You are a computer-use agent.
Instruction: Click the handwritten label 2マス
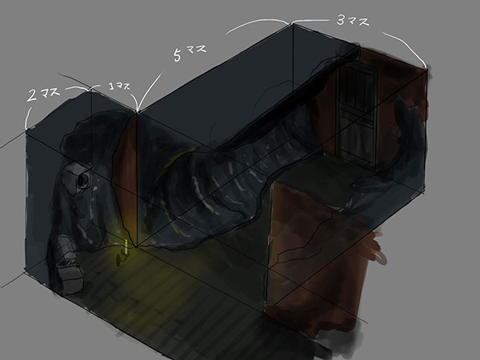click(43, 94)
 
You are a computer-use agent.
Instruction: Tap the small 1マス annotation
click(120, 86)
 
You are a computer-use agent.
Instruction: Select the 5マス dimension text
click(190, 53)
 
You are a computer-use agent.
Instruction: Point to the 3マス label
click(353, 21)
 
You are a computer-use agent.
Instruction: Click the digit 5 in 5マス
click(178, 56)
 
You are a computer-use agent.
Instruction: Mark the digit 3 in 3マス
click(341, 20)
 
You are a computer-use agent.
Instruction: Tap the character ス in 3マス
click(364, 22)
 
